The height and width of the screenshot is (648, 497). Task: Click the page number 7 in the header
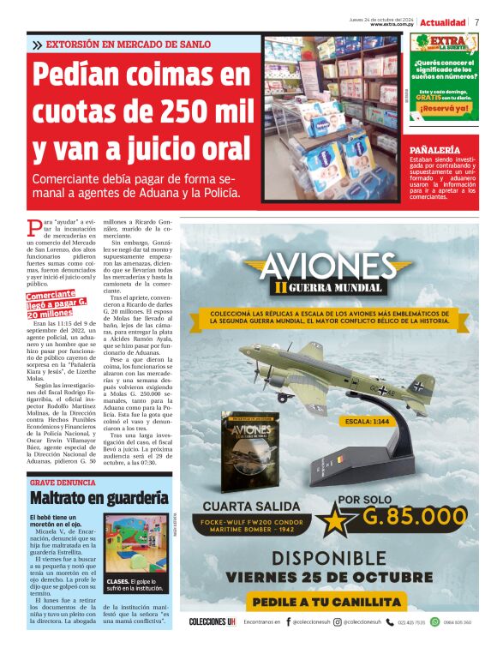pos(476,22)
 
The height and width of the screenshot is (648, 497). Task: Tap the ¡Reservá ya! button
pos(444,109)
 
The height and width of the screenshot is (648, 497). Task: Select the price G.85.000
pos(413,516)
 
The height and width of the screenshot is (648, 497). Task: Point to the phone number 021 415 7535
pos(410,622)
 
